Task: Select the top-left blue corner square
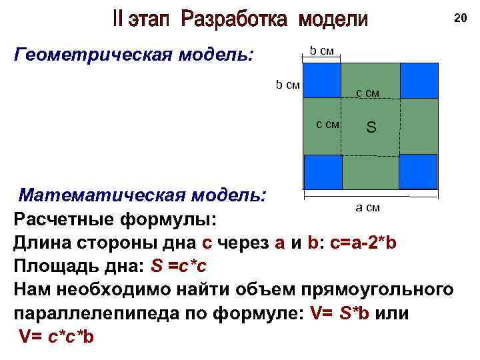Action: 323,80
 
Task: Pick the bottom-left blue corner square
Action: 323,171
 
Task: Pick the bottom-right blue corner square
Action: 418,171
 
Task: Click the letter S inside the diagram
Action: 371,126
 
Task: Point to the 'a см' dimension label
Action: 367,207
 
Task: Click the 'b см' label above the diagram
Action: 322,50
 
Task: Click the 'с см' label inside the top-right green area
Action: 367,93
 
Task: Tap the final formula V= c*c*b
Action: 57,337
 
